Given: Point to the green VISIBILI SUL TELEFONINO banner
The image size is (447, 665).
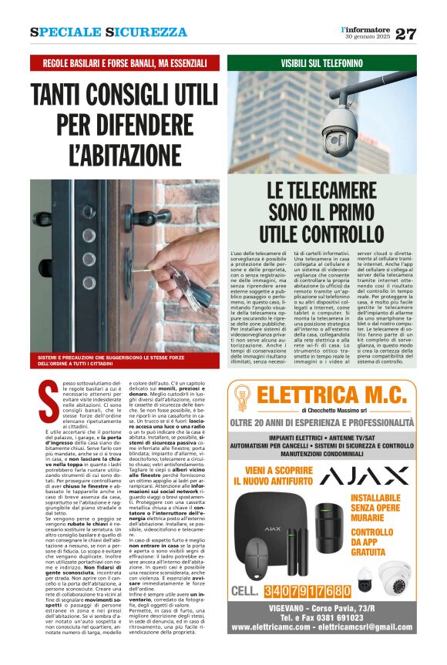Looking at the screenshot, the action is click(322, 63).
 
